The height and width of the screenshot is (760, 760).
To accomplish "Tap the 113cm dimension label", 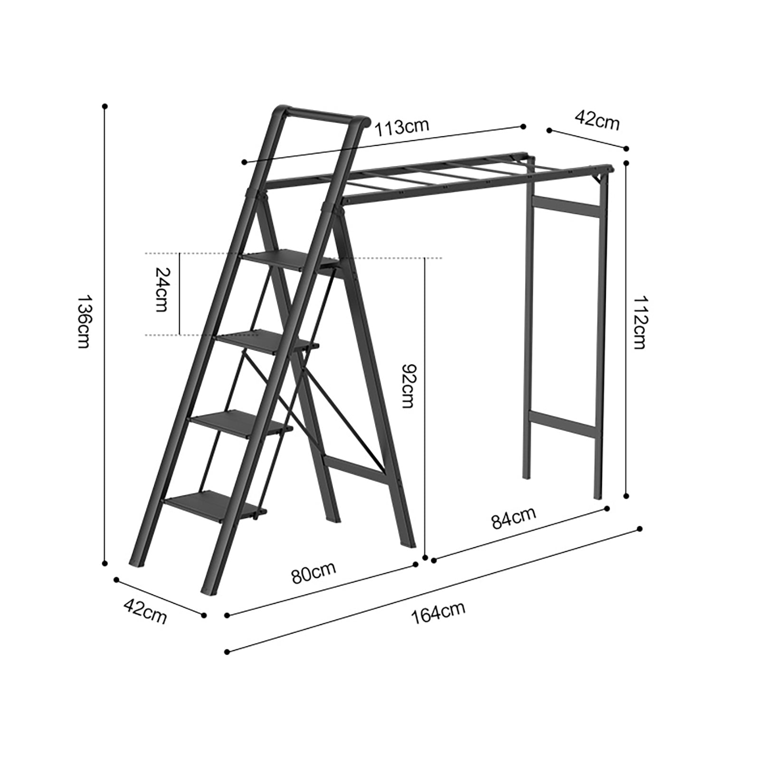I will tap(401, 127).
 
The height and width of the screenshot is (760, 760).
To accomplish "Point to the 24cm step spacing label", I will tap(161, 294).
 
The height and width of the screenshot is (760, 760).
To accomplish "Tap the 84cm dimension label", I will tap(513, 517).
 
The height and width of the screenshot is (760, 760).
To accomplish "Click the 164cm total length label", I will tap(438, 613).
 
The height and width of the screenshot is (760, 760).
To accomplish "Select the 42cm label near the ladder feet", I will tap(145, 611).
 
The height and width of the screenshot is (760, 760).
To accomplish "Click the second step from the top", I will tap(266, 341).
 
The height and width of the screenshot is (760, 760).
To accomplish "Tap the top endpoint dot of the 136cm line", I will tap(105, 106).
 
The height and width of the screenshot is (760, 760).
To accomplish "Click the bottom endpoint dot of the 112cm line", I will tap(626, 495).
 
